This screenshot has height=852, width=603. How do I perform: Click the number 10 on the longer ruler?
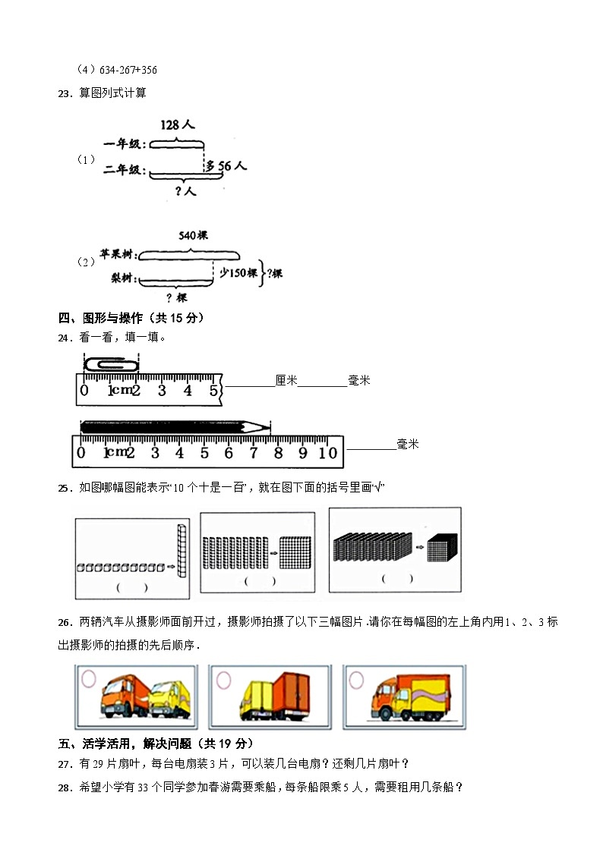327,453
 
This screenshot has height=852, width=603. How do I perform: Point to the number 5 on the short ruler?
213,391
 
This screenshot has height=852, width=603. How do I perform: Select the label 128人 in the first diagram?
176,125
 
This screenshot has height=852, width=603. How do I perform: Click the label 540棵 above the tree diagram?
193,236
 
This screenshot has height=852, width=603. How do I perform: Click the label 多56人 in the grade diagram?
227,165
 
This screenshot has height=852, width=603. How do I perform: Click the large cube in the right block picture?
440,549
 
